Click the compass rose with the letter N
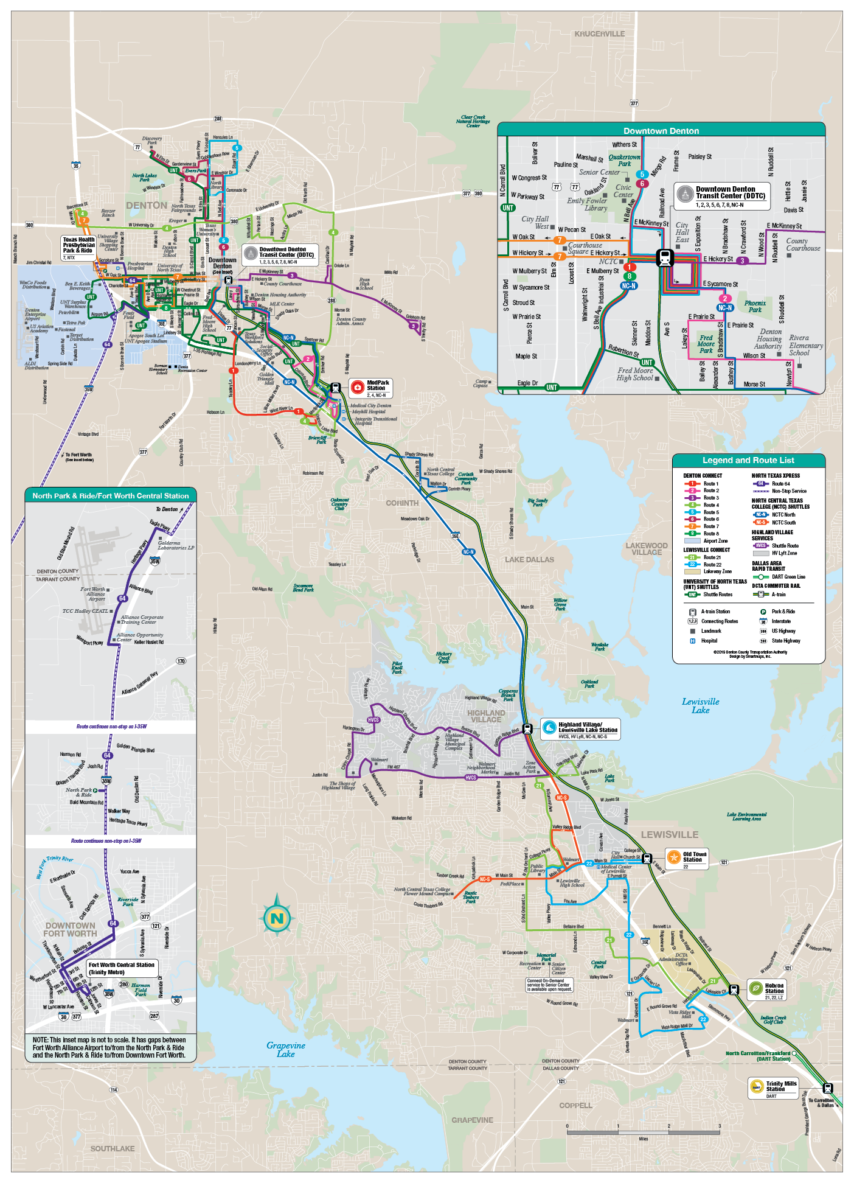(277, 918)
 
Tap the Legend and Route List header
(748, 461)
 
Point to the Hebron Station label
(773, 988)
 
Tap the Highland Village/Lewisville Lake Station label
(587, 727)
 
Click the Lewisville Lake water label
(700, 706)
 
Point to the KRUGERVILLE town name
(599, 34)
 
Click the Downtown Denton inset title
(661, 131)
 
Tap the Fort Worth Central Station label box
(121, 968)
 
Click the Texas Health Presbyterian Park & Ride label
(78, 245)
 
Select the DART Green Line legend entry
(788, 577)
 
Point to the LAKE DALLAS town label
(529, 560)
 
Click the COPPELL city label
(575, 1106)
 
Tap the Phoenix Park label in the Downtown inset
(755, 306)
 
